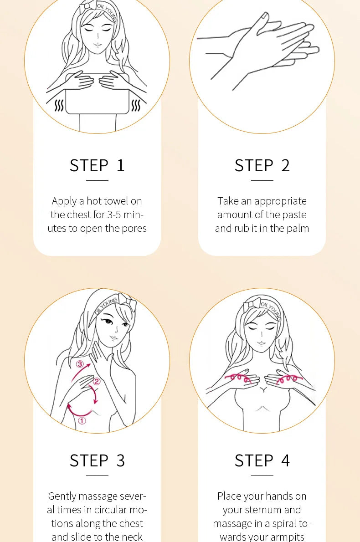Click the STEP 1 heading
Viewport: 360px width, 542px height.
97,165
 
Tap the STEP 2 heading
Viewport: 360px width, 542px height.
262,165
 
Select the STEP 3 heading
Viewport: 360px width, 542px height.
97,460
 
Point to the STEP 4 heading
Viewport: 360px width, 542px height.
262,460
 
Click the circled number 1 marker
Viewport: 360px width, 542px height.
82,421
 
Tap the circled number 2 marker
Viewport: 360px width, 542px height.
97,381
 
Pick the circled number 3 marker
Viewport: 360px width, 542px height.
80,363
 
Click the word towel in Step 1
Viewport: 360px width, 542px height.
116,201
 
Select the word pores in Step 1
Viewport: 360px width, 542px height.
134,229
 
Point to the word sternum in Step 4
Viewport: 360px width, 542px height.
270,510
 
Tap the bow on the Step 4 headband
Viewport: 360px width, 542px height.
252,305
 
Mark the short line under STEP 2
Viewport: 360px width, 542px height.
262,180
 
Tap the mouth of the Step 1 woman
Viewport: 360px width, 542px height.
98,45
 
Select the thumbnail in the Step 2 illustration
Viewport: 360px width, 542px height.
265,15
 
